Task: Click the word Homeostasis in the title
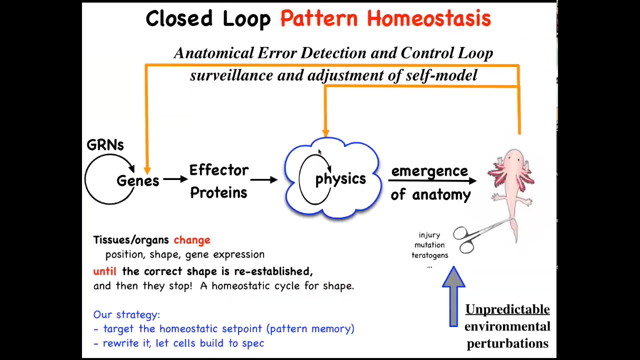(428, 18)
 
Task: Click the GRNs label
(105, 145)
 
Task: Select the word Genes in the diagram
(137, 181)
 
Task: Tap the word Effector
(219, 170)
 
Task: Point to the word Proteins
(218, 192)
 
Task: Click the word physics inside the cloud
(340, 179)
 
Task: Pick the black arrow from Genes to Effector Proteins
(175, 179)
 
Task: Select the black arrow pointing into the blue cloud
(264, 179)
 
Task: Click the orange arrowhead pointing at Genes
(147, 171)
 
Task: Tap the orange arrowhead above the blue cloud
(325, 133)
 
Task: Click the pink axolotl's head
(513, 157)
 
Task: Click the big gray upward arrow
(453, 296)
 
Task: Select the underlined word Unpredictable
(507, 309)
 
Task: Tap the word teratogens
(429, 255)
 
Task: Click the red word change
(192, 240)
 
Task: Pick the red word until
(105, 271)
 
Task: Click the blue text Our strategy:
(126, 314)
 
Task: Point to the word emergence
(429, 171)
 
